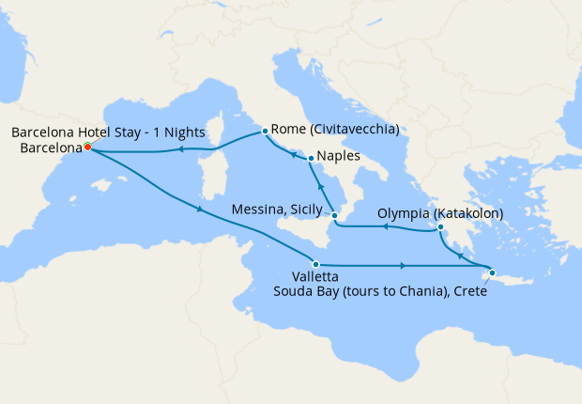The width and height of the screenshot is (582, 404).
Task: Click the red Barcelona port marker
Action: coord(87,148)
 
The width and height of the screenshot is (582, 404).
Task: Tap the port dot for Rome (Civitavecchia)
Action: coord(266,131)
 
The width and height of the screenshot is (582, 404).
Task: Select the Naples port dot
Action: coord(311,158)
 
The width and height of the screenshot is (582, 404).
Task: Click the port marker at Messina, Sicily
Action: coord(334,216)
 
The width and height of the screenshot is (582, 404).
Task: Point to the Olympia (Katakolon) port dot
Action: coord(439,226)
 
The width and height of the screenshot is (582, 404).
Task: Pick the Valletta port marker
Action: coord(316,265)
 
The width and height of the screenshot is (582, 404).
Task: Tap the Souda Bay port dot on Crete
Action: coord(493,272)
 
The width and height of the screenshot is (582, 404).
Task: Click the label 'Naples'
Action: coord(338,157)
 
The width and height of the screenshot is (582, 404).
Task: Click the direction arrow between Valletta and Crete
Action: coord(404,266)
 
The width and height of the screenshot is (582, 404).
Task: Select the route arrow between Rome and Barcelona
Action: coord(177,148)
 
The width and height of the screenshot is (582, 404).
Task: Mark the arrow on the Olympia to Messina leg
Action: coord(383,227)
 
